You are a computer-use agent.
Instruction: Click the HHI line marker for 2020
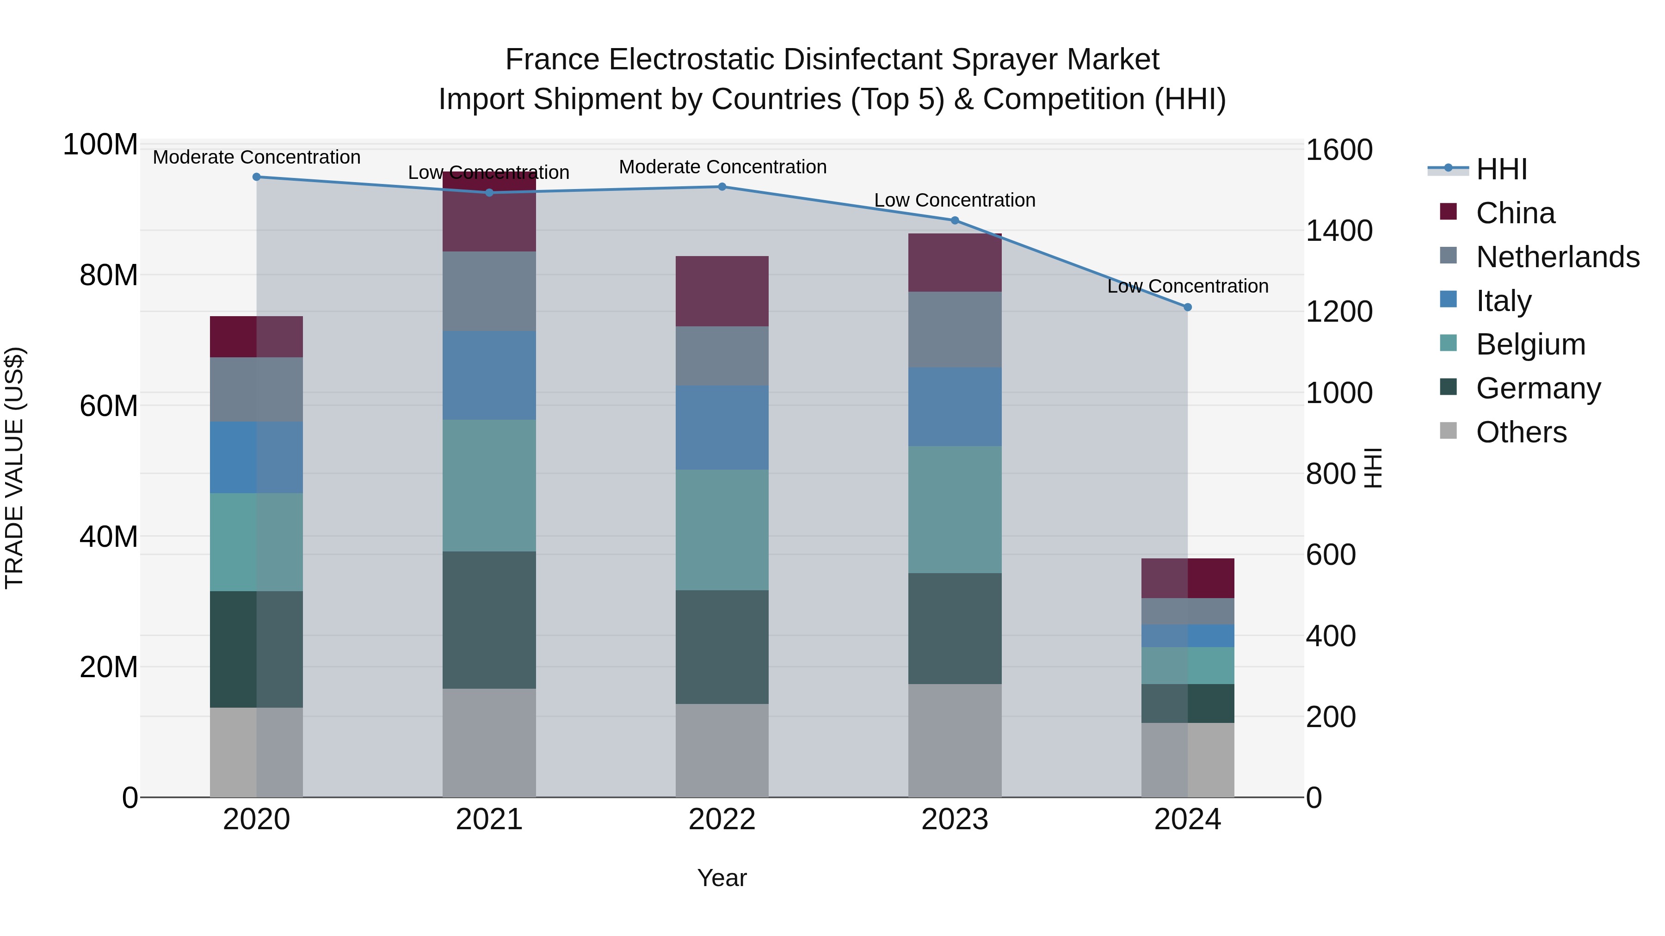(257, 177)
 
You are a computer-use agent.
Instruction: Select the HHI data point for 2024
(1187, 307)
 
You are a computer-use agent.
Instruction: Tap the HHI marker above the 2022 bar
(722, 187)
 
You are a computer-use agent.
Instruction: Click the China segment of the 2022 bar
(722, 291)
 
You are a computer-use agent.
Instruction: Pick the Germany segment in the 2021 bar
(489, 620)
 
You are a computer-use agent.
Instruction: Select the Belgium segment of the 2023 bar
(955, 510)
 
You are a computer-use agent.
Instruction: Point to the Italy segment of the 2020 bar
(257, 457)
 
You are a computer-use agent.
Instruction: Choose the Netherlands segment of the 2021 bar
(489, 291)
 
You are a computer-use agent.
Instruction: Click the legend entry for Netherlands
(1558, 257)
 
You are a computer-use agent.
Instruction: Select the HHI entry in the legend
(1501, 169)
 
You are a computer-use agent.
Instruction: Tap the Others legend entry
(1521, 432)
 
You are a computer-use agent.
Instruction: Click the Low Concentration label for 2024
(1187, 286)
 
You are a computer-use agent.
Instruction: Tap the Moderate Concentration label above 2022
(722, 167)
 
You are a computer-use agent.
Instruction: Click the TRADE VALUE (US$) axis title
(14, 468)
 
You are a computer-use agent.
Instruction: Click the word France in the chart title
(553, 60)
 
